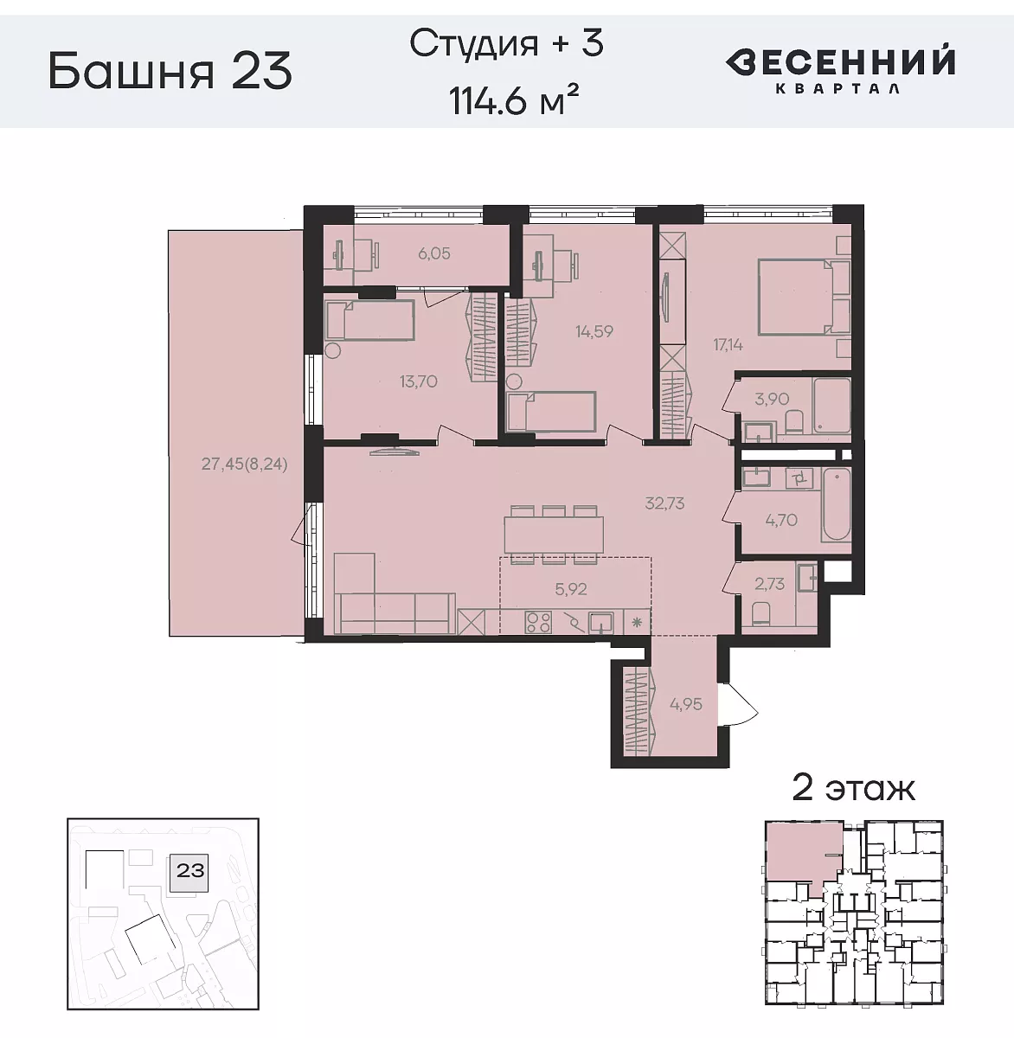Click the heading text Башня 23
click(x=170, y=70)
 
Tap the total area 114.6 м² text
click(x=513, y=102)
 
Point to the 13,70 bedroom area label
click(x=418, y=381)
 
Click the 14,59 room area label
click(x=594, y=330)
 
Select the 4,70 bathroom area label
click(x=780, y=520)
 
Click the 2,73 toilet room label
click(x=769, y=584)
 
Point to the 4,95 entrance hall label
click(x=686, y=704)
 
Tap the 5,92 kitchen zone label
click(x=571, y=589)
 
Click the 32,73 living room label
click(x=664, y=503)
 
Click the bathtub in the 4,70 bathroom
click(x=835, y=507)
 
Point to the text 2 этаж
click(x=853, y=788)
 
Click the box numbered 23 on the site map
click(x=190, y=869)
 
